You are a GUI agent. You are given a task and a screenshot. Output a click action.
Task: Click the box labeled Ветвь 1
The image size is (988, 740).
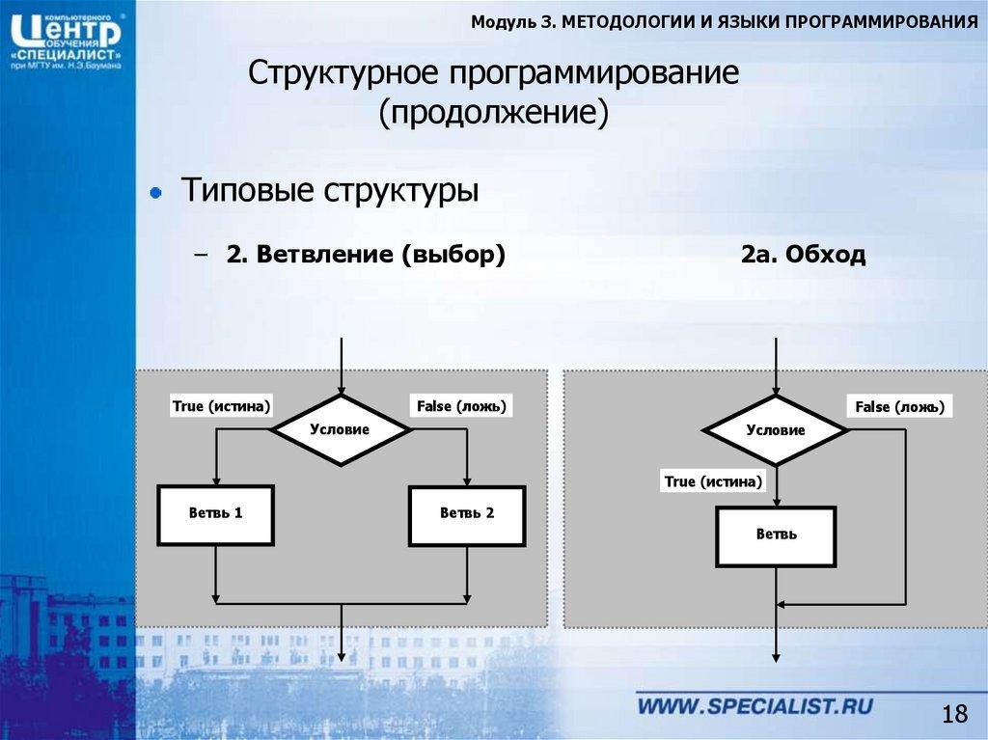tap(215, 514)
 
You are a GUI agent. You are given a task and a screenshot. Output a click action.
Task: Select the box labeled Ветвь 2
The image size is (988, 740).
tap(467, 514)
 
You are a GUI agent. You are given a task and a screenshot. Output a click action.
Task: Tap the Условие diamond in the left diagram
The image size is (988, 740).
tap(340, 429)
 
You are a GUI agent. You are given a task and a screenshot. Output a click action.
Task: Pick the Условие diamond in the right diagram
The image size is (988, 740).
tap(775, 430)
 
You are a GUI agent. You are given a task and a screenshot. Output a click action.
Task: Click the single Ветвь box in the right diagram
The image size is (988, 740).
tap(776, 534)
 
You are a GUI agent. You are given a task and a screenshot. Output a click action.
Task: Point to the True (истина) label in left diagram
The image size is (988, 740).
tap(221, 406)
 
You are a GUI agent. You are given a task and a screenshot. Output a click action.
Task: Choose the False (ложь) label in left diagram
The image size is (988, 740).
tap(460, 406)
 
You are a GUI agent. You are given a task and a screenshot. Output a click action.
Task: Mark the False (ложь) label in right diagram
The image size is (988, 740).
tap(898, 407)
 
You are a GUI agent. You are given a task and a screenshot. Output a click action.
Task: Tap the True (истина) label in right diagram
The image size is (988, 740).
tap(713, 481)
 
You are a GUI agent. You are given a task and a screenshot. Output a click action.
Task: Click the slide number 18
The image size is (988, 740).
tap(953, 715)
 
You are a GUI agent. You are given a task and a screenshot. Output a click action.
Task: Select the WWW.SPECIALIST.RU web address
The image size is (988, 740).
tap(755, 706)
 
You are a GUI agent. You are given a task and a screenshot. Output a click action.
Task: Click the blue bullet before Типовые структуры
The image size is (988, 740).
tap(154, 193)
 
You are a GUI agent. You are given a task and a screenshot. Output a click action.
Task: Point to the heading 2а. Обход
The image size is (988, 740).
tap(803, 256)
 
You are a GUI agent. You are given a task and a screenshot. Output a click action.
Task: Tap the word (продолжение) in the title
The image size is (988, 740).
tap(494, 114)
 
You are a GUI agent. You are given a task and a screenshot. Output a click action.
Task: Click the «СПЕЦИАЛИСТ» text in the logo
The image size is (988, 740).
tap(66, 56)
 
